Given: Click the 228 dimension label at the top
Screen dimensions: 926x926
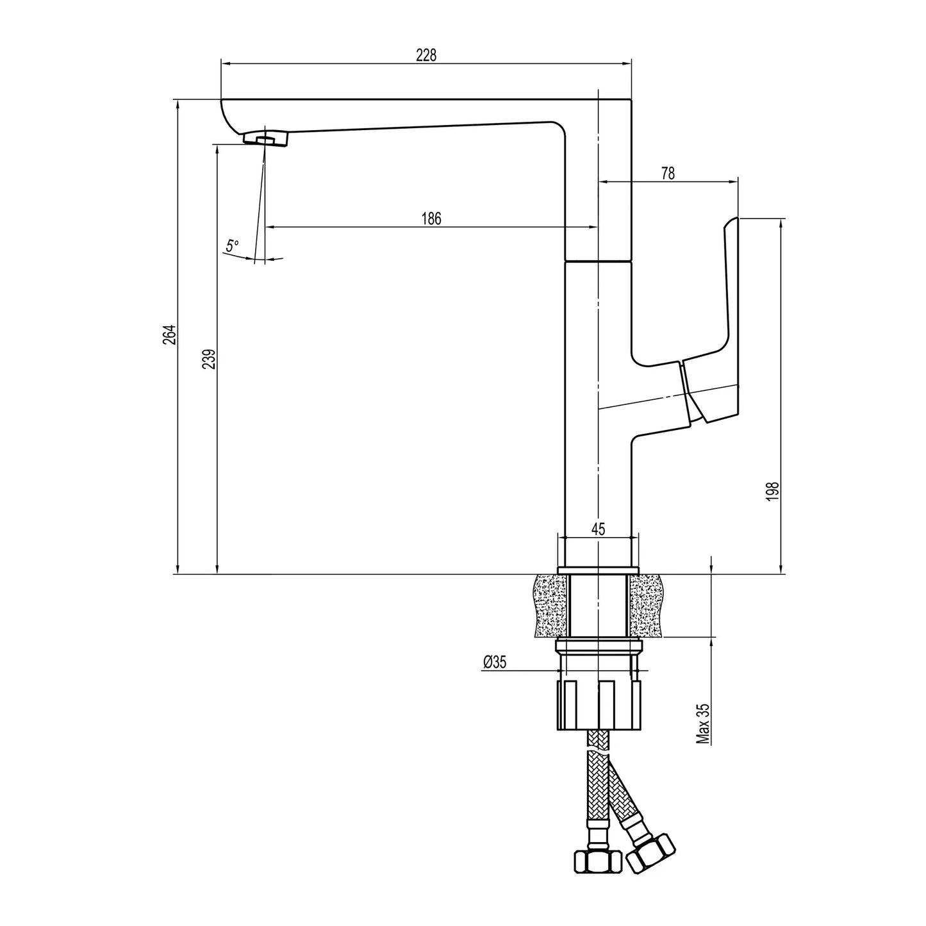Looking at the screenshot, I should pos(426,55).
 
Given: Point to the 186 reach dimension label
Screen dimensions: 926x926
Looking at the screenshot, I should pos(431,219).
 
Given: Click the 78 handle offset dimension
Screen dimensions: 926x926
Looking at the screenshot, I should pos(668,174).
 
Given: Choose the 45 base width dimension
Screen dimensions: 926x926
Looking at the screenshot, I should pos(598,529).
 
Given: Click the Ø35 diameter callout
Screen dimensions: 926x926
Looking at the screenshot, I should pos(495,662).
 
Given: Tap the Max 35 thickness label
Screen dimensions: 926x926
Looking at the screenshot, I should pos(704,723).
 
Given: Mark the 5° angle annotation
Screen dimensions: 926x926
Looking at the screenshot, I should pos(232,245).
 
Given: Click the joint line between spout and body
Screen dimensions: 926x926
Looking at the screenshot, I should pos(598,261).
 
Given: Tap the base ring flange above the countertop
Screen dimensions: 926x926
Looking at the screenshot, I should pos(599,570).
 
